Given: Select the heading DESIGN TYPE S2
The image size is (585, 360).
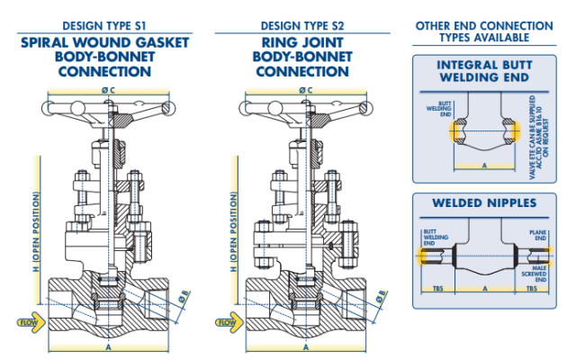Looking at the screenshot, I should [305, 26].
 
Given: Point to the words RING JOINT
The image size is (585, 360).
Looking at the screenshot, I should [305, 42].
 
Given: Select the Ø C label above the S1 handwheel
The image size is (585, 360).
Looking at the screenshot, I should [107, 90].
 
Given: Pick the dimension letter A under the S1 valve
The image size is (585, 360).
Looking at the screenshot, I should [108, 346].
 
